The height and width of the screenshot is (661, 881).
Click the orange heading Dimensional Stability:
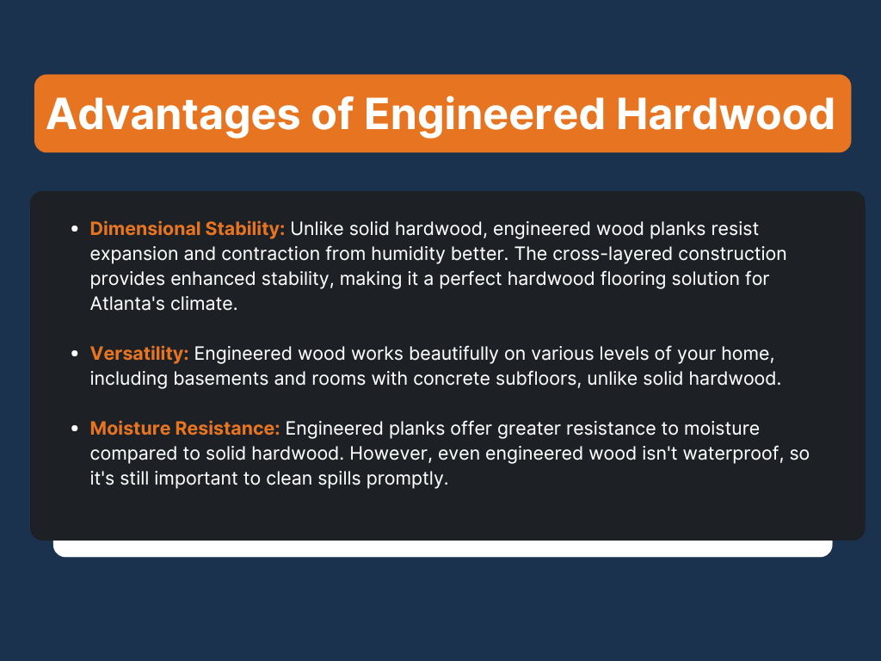tap(188, 230)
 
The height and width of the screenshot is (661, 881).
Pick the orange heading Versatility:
tap(139, 354)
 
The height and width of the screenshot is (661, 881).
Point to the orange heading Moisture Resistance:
tap(185, 429)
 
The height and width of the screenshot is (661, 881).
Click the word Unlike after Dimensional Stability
tap(317, 230)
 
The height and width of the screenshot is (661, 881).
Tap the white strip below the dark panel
tap(442, 548)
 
